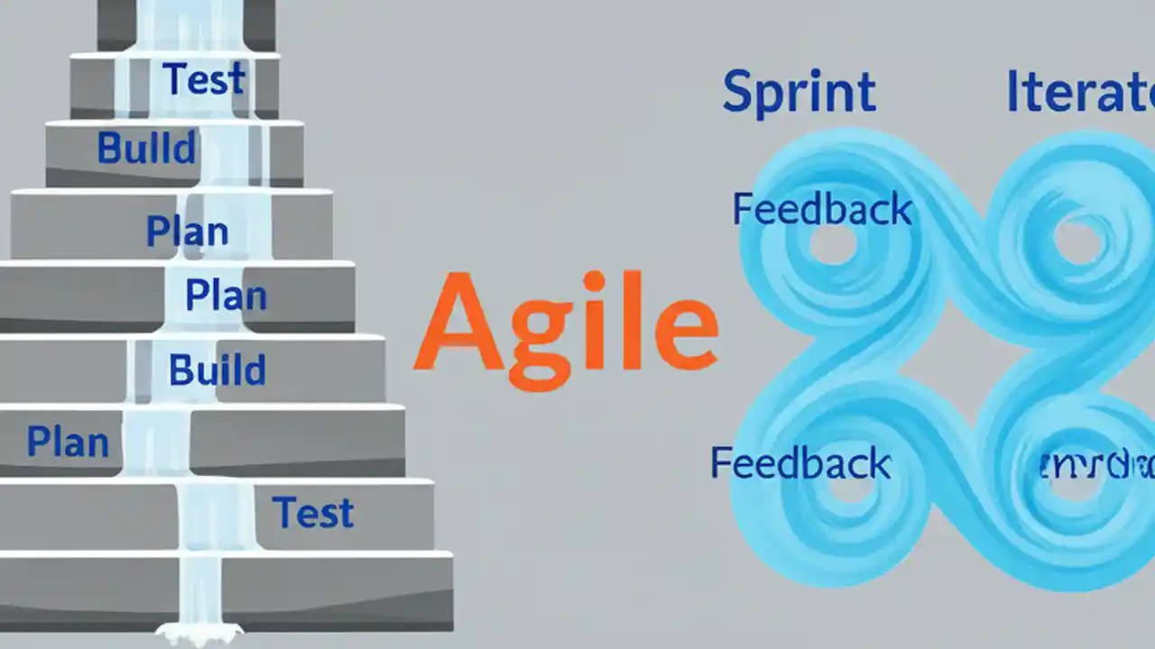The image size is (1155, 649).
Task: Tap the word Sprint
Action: [799, 92]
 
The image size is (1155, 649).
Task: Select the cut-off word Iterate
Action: [1079, 92]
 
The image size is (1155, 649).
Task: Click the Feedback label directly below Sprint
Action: [822, 209]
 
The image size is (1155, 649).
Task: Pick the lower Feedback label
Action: [800, 462]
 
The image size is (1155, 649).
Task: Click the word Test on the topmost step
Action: [204, 79]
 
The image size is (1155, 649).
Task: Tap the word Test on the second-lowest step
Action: [313, 513]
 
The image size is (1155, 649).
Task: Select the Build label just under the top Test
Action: [146, 148]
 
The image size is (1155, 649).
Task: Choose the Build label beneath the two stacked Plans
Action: [217, 370]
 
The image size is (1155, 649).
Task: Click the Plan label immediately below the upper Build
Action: [188, 231]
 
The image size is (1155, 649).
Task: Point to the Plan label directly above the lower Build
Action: [226, 295]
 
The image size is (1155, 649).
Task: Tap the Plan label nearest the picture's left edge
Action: [68, 442]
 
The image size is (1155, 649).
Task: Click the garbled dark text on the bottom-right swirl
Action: [1095, 466]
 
